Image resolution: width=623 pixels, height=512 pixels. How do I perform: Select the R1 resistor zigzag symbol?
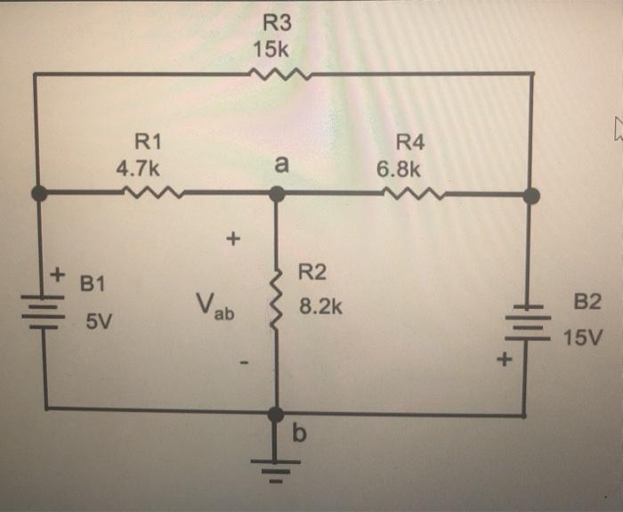pyautogui.click(x=156, y=191)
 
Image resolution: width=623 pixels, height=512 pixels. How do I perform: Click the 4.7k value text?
pyautogui.click(x=138, y=167)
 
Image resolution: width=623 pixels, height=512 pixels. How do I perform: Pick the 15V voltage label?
pyautogui.click(x=583, y=338)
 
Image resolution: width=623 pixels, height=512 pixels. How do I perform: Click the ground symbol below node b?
pyautogui.click(x=276, y=463)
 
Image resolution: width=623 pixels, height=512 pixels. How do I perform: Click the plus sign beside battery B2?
pyautogui.click(x=505, y=361)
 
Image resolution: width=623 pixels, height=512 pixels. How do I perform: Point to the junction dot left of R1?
pyautogui.click(x=37, y=192)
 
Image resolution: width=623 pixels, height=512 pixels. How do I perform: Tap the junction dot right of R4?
pyautogui.click(x=531, y=195)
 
